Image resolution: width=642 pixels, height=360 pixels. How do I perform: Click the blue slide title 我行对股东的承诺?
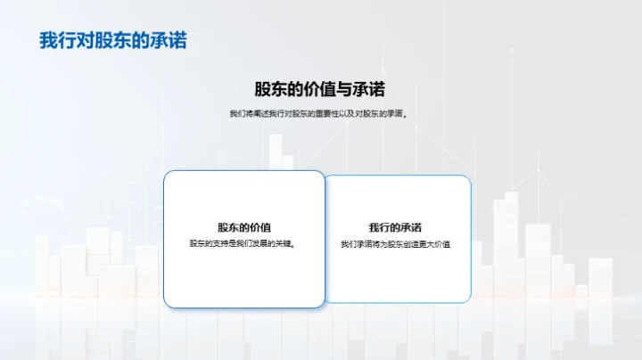[113, 41]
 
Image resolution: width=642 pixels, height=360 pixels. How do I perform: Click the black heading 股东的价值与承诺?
[320, 89]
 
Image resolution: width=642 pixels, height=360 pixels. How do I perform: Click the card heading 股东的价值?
[243, 227]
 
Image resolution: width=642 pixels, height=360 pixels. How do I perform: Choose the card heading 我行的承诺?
[395, 227]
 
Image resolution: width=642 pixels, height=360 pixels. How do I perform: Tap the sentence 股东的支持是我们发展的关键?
[243, 244]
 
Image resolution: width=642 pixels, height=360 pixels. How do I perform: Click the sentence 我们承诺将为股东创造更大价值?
[395, 244]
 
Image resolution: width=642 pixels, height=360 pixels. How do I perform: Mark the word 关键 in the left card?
[285, 244]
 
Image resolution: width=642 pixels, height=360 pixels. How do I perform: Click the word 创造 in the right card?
[408, 244]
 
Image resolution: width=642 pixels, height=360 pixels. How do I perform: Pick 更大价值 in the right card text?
[435, 244]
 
